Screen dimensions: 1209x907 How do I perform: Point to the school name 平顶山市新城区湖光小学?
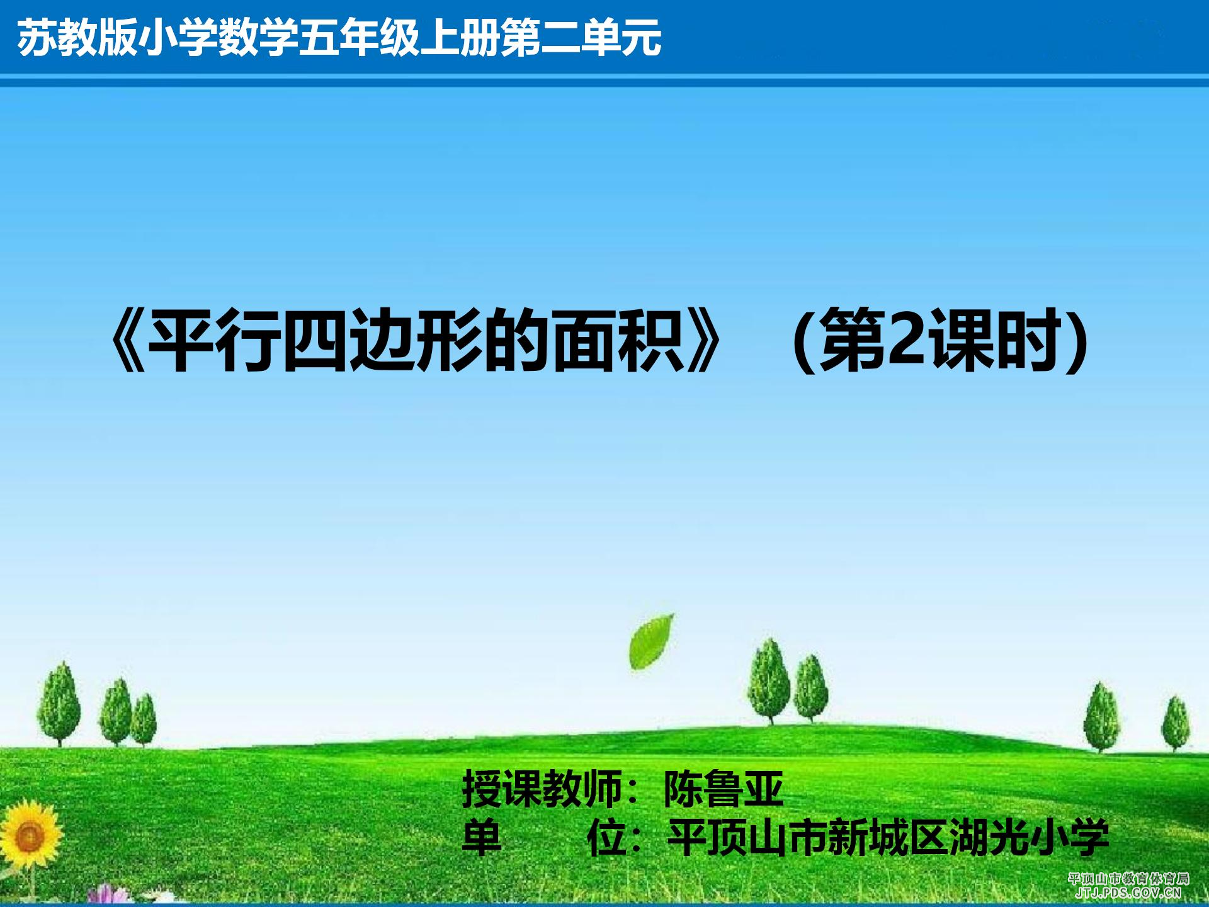pyautogui.click(x=888, y=837)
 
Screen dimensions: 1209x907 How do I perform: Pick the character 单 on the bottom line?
pyautogui.click(x=482, y=837)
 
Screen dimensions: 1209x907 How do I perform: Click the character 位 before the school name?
pyautogui.click(x=606, y=837)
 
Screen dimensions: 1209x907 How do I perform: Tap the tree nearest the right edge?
pyautogui.click(x=1174, y=724)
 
